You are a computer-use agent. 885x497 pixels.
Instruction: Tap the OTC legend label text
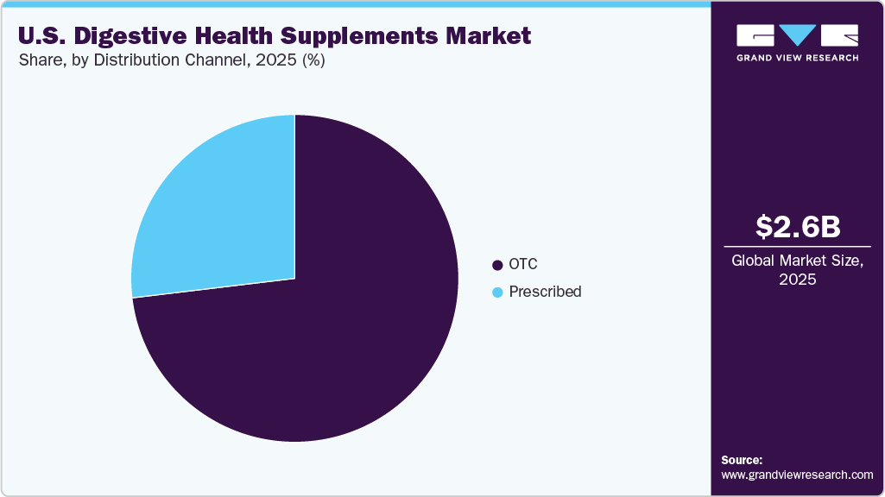(x=523, y=264)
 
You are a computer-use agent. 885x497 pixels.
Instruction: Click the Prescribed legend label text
(x=545, y=292)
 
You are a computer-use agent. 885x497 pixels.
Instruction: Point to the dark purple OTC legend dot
(x=496, y=265)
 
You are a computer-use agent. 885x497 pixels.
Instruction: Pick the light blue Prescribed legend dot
(x=496, y=293)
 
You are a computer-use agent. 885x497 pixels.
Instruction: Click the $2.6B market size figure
(x=797, y=226)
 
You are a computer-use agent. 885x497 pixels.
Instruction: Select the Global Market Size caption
(x=797, y=261)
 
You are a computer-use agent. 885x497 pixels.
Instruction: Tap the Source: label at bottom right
(x=742, y=460)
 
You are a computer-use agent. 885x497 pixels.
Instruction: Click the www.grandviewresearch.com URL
(x=797, y=475)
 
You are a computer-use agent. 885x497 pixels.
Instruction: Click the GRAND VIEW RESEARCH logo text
(x=797, y=58)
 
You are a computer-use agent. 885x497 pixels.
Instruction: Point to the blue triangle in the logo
(x=797, y=35)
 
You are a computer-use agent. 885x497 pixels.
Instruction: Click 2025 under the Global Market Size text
(x=797, y=280)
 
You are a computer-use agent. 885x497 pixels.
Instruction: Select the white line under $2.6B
(x=797, y=245)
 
